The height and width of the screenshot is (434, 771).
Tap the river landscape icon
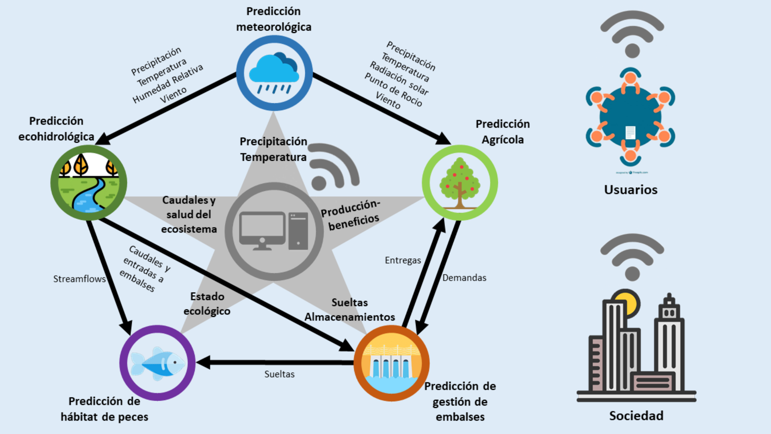pos(89,183)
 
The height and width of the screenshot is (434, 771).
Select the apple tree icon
pos(460,183)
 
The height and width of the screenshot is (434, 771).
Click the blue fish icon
pos(157,363)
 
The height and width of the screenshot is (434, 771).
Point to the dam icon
pos(392,363)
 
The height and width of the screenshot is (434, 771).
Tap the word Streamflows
pos(80,279)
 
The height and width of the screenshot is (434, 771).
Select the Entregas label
pos(403,260)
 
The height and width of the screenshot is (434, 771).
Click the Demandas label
pos(464,278)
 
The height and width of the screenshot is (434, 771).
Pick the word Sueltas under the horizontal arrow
pos(279,374)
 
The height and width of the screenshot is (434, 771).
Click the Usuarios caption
pos(631,190)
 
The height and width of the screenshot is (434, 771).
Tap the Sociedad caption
pos(636,416)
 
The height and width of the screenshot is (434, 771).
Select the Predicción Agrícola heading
pos(503,132)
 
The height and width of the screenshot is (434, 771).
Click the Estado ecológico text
pos(207,304)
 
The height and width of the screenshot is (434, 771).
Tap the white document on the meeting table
pos(630,132)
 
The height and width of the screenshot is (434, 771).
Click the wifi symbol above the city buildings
pos(632,257)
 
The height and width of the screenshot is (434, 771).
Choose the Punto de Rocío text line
pos(393,90)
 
